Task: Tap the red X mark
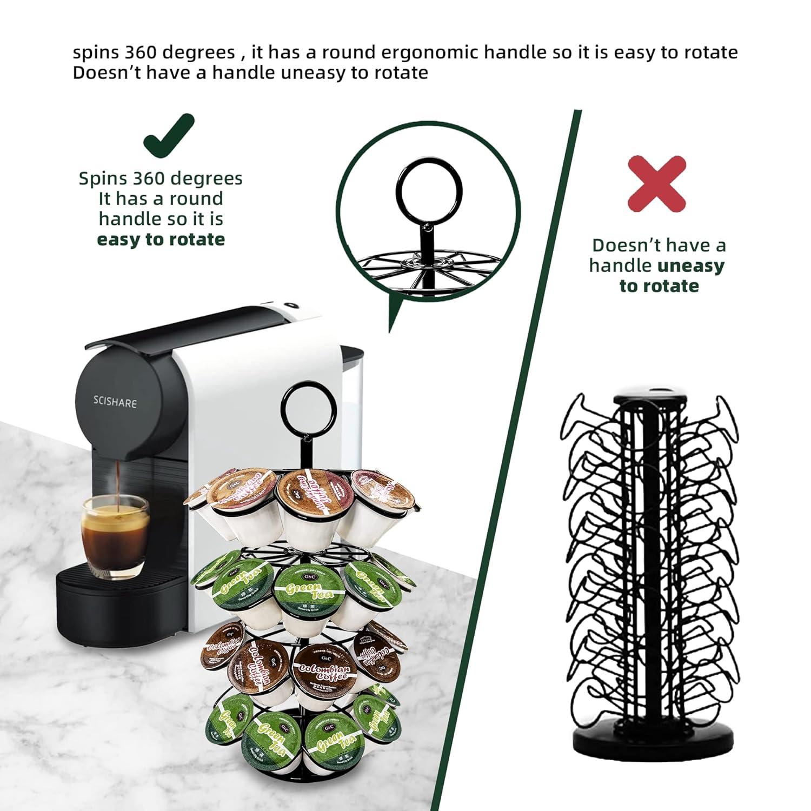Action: [657, 184]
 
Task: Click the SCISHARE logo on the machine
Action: [114, 402]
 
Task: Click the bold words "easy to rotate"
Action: [161, 239]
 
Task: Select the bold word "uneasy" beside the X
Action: [690, 265]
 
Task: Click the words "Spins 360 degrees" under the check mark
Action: [161, 178]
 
